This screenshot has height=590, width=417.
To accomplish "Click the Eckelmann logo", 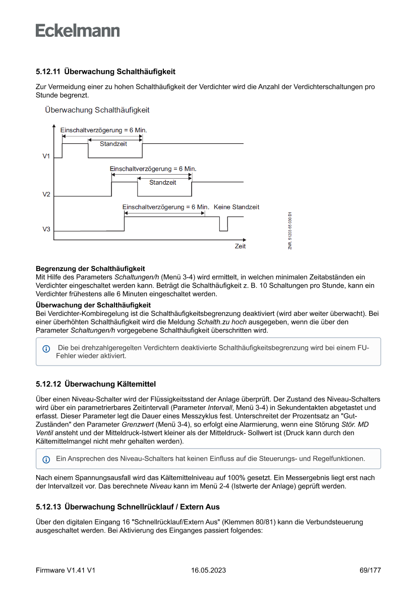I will click(x=78, y=30).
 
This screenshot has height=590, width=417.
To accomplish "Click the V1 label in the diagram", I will click(x=46, y=156).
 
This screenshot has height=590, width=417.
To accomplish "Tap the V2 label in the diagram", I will click(x=46, y=194).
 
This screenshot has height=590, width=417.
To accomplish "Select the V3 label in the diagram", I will click(x=46, y=230).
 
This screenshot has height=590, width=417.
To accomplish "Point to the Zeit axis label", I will click(x=240, y=246).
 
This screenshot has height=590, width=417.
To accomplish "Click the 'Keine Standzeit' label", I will click(x=236, y=207).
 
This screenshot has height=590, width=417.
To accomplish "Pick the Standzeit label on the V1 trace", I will click(x=113, y=144).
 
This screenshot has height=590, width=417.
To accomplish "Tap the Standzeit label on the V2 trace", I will click(x=163, y=182).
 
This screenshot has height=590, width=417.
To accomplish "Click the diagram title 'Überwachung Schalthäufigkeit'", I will click(x=97, y=110).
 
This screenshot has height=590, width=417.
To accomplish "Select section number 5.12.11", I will click(x=48, y=71).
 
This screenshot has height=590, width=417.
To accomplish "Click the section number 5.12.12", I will click(x=48, y=384).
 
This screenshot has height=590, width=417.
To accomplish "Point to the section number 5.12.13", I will click(x=48, y=506).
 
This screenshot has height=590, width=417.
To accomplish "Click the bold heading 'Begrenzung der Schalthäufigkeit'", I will click(x=90, y=269).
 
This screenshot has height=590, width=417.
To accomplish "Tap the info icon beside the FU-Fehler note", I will click(x=46, y=349).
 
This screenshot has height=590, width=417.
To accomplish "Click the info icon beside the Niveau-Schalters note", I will click(x=46, y=459).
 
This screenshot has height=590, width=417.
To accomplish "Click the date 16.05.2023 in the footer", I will click(x=208, y=570).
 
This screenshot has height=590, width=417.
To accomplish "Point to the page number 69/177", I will click(x=370, y=570).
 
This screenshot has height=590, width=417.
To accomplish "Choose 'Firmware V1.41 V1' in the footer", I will click(x=66, y=570).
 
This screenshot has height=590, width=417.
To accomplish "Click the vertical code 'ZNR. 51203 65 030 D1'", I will click(x=290, y=230).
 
